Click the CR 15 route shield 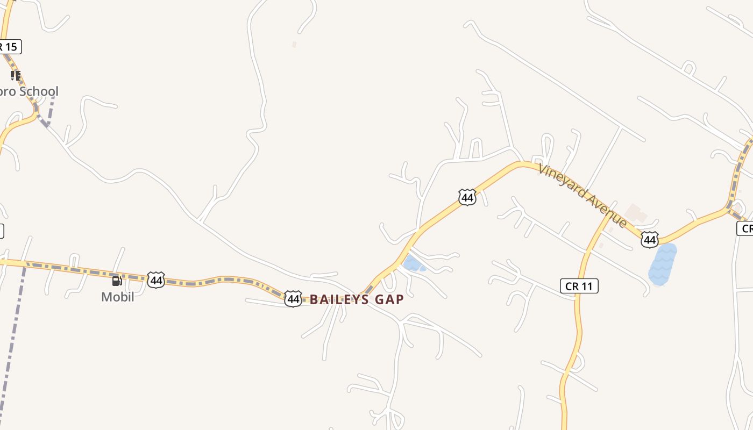[x=10, y=47]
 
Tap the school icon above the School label [x=16, y=76]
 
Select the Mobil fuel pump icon [x=117, y=281]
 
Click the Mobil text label [x=117, y=297]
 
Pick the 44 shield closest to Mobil [x=156, y=280]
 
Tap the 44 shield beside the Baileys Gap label [x=293, y=299]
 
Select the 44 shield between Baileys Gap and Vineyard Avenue [x=467, y=197]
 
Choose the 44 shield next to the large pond [x=650, y=240]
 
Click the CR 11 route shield [x=579, y=286]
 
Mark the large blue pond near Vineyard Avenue [x=662, y=264]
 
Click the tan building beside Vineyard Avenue [x=636, y=214]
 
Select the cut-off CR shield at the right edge [x=745, y=228]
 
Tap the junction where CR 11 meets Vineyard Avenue [x=611, y=215]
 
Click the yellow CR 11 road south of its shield [x=578, y=333]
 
